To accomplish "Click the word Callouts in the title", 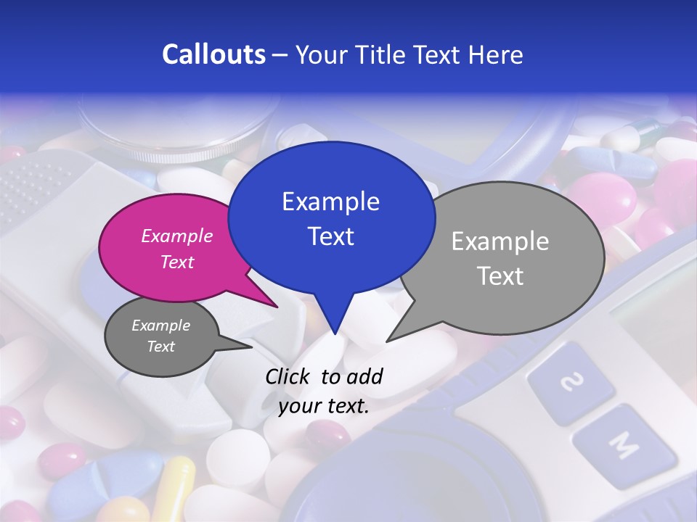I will [213, 55].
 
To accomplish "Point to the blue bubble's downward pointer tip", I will [334, 333].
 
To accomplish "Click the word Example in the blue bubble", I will [330, 202].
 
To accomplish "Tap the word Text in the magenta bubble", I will [177, 262].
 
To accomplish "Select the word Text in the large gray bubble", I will [500, 275].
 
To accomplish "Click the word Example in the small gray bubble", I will [160, 326].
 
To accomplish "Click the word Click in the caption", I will [288, 376].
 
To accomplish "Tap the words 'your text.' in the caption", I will [323, 406].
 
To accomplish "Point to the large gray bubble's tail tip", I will [387, 341].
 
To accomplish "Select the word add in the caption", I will [364, 376].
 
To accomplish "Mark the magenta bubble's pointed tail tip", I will [277, 307].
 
